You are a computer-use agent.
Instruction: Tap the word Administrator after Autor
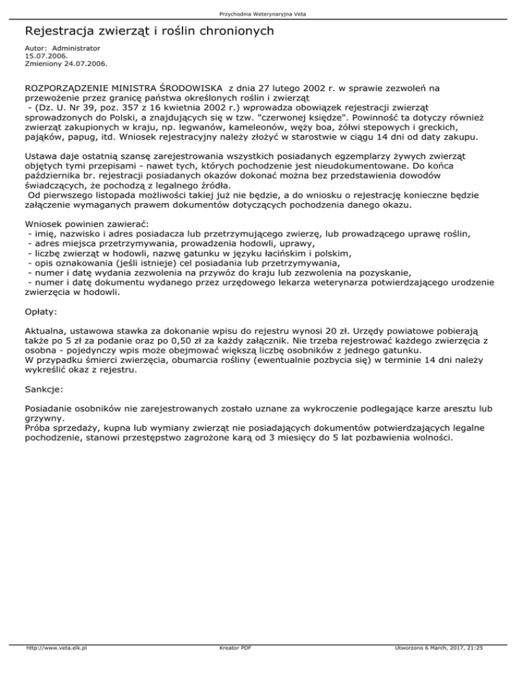tap(76, 48)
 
